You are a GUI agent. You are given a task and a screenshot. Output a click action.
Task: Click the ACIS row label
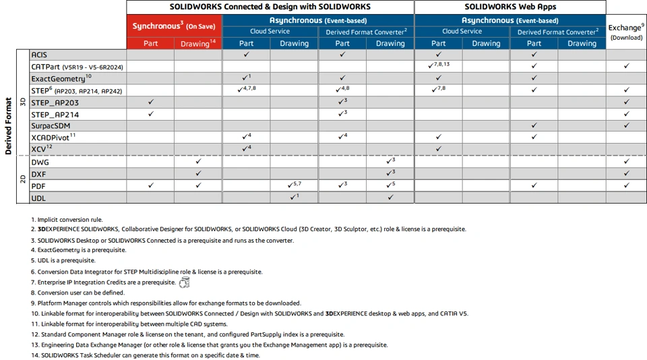point(39,55)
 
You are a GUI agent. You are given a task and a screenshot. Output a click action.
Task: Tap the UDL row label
point(38,198)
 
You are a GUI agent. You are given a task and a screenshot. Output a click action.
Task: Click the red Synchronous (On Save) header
point(174,26)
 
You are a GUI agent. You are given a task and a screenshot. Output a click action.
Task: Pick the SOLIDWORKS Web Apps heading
point(510,7)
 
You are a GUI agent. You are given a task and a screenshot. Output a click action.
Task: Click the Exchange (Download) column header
point(626,32)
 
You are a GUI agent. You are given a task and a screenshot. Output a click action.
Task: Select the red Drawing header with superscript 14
point(198,43)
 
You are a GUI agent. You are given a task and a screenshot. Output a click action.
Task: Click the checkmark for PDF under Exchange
point(626,185)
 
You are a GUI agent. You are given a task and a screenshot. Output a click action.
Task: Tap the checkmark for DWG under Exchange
point(626,162)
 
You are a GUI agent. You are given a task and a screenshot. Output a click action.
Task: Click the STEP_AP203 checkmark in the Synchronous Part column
point(150,102)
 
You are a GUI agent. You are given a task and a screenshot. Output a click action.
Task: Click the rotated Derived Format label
point(8,126)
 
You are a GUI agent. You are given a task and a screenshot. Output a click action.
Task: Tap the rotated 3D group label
point(23,102)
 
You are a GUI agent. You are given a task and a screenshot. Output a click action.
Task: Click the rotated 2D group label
point(23,179)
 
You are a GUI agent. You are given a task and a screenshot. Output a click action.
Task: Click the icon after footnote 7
point(184,282)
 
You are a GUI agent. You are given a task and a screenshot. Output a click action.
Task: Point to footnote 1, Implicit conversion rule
point(67,220)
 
